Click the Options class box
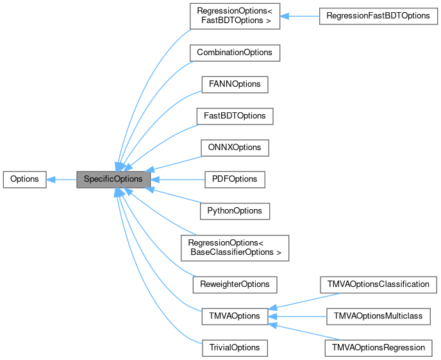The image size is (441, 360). coord(24,180)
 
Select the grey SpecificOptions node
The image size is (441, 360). coord(113,180)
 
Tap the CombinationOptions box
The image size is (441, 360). coord(234,52)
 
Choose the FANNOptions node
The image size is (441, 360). coord(234,84)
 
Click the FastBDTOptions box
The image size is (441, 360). coord(234,116)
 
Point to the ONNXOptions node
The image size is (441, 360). coord(234,148)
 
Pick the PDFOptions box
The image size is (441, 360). coord(234,180)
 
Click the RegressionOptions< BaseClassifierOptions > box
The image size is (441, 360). coord(234,248)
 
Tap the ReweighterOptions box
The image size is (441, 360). coord(234,284)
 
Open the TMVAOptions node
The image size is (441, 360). coord(234,316)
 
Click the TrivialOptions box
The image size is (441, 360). coord(234,347)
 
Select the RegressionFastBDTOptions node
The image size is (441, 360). coord(378,15)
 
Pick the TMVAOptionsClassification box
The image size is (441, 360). coord(378,284)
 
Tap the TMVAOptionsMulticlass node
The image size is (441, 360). coord(378,316)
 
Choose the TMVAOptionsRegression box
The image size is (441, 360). coord(378,347)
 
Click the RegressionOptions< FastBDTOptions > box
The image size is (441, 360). coord(234,15)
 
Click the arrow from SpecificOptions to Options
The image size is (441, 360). coord(62,180)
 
